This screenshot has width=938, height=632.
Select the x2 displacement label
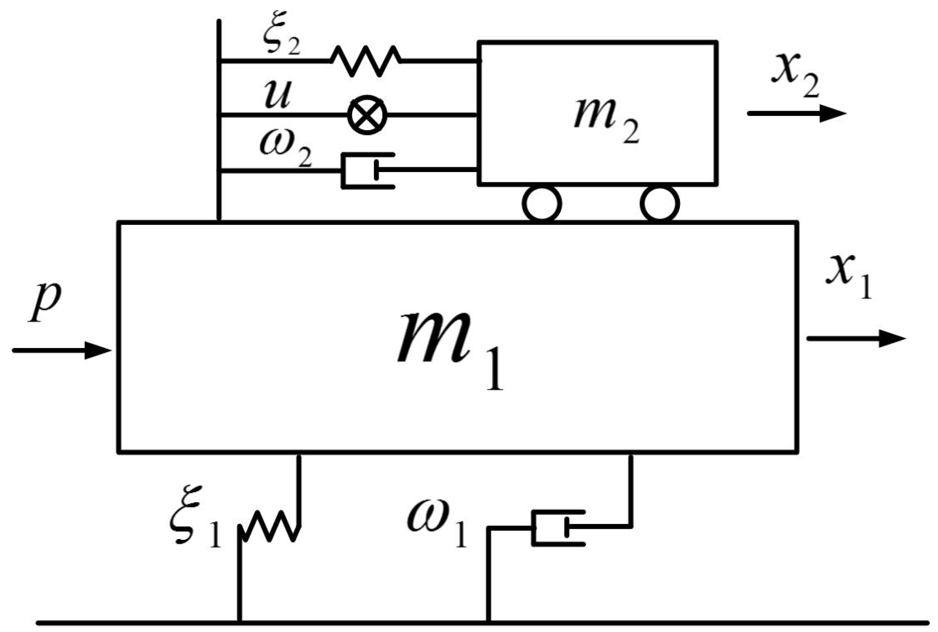795,80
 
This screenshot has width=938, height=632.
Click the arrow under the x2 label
796,114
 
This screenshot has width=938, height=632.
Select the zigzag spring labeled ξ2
366,61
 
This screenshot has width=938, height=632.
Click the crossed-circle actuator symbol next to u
367,115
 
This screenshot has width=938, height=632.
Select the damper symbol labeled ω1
558,528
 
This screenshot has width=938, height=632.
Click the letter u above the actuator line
277,95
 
